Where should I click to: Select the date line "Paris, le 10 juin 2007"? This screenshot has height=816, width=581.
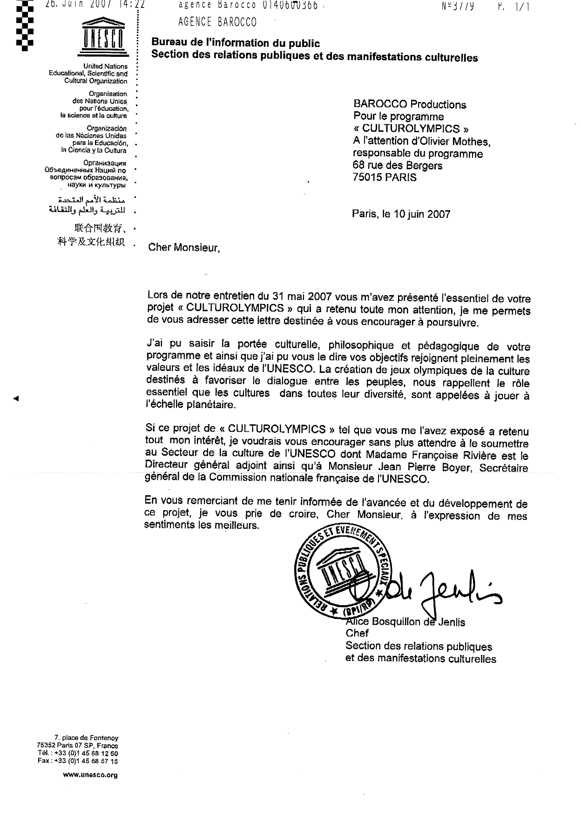tap(401, 214)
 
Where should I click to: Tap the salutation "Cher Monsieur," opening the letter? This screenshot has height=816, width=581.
tap(183, 248)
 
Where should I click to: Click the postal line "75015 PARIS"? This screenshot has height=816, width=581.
tap(385, 177)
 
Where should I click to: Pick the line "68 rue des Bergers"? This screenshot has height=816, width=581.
tap(398, 165)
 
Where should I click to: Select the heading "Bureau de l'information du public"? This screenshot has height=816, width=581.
tap(236, 43)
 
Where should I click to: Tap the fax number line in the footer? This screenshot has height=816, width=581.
tap(78, 761)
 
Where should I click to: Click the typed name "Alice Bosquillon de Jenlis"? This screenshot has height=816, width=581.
tap(405, 622)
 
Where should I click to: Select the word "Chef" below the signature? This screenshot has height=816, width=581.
tap(357, 634)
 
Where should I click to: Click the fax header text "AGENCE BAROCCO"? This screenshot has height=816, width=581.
tap(217, 22)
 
